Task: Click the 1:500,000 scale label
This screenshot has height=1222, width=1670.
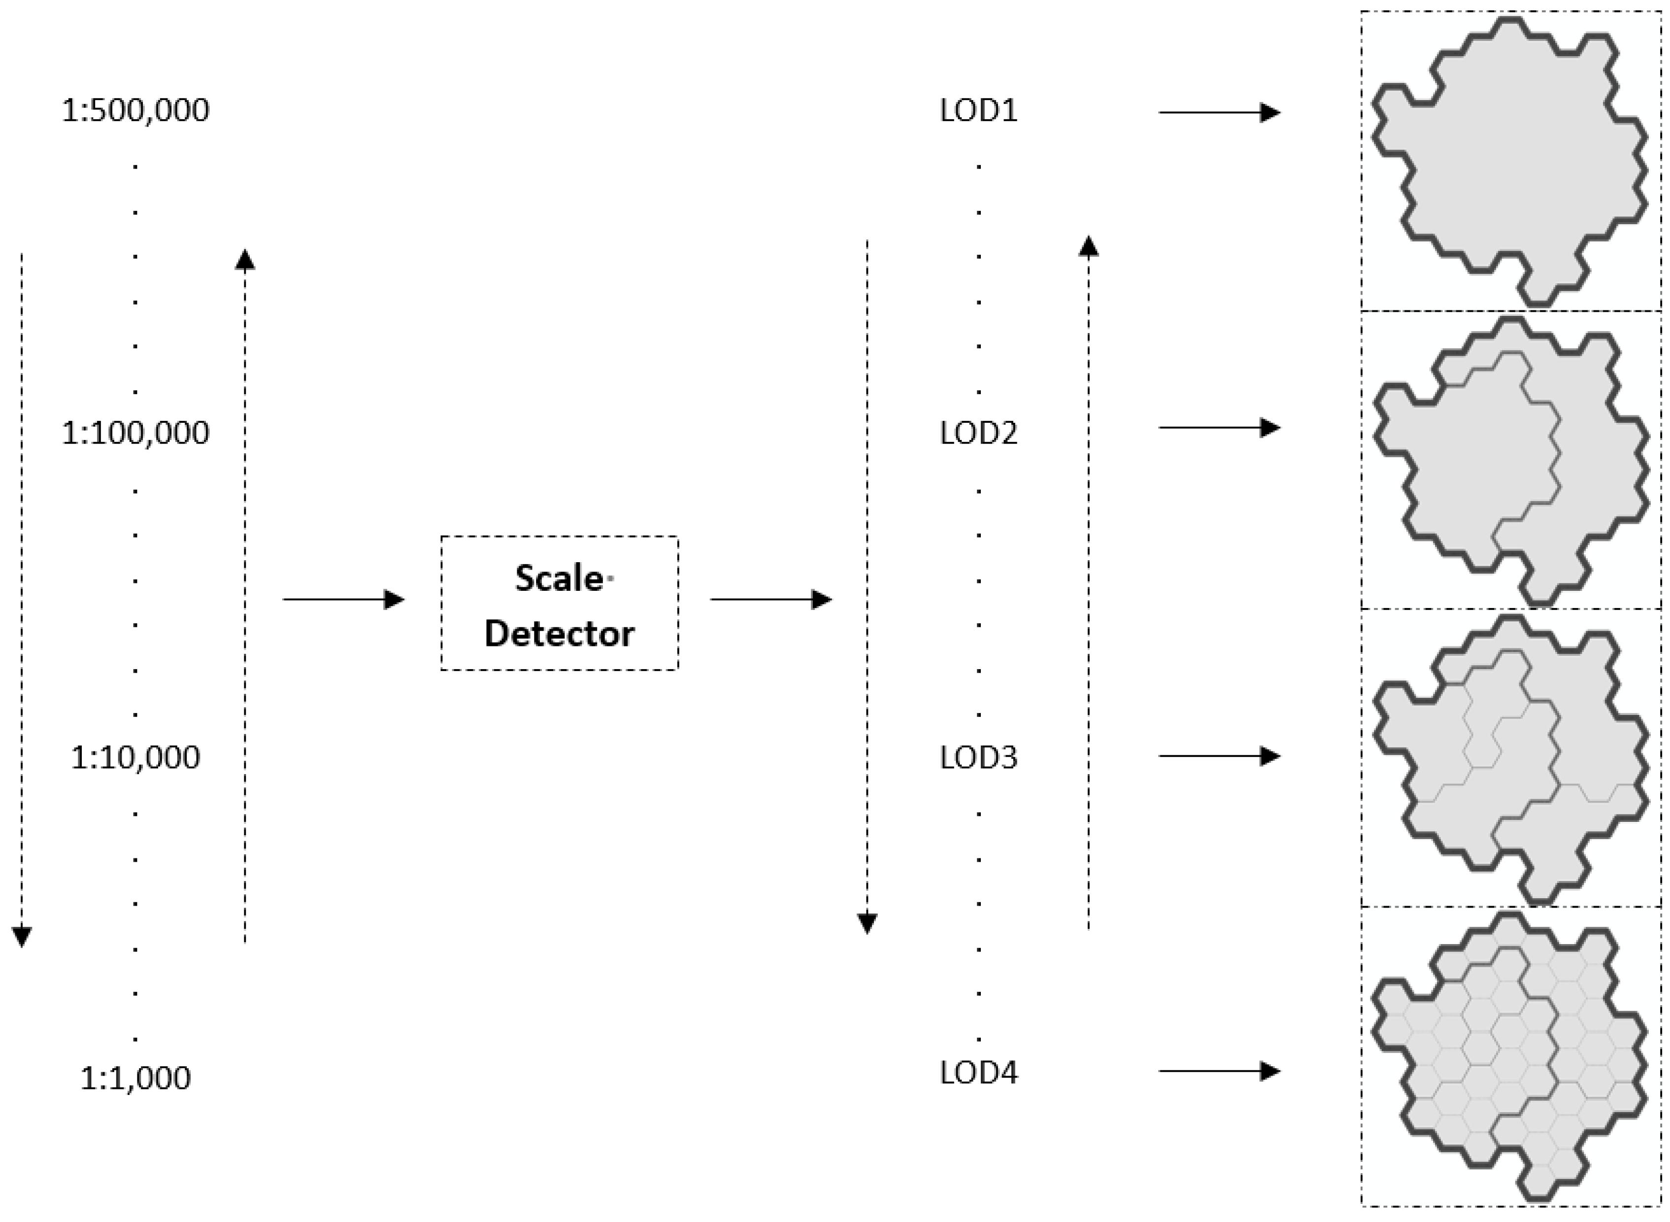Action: click(135, 110)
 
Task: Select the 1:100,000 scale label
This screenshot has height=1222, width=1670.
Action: click(135, 433)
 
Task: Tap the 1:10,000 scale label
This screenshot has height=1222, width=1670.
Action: click(135, 757)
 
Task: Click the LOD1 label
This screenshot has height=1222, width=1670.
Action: click(978, 111)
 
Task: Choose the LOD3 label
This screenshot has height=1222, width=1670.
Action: click(978, 757)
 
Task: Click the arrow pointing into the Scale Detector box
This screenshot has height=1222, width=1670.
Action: click(344, 599)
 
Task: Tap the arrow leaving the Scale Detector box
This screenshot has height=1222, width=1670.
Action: click(771, 599)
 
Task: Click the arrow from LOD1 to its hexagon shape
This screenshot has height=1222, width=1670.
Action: click(1219, 112)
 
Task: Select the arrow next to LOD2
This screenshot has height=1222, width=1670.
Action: click(1219, 428)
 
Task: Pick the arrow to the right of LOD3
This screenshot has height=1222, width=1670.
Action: click(1219, 756)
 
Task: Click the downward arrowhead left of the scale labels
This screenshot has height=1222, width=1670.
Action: click(22, 937)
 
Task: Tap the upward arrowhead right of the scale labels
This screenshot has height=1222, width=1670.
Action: click(245, 260)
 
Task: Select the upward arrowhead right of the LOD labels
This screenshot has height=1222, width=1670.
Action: click(1088, 246)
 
